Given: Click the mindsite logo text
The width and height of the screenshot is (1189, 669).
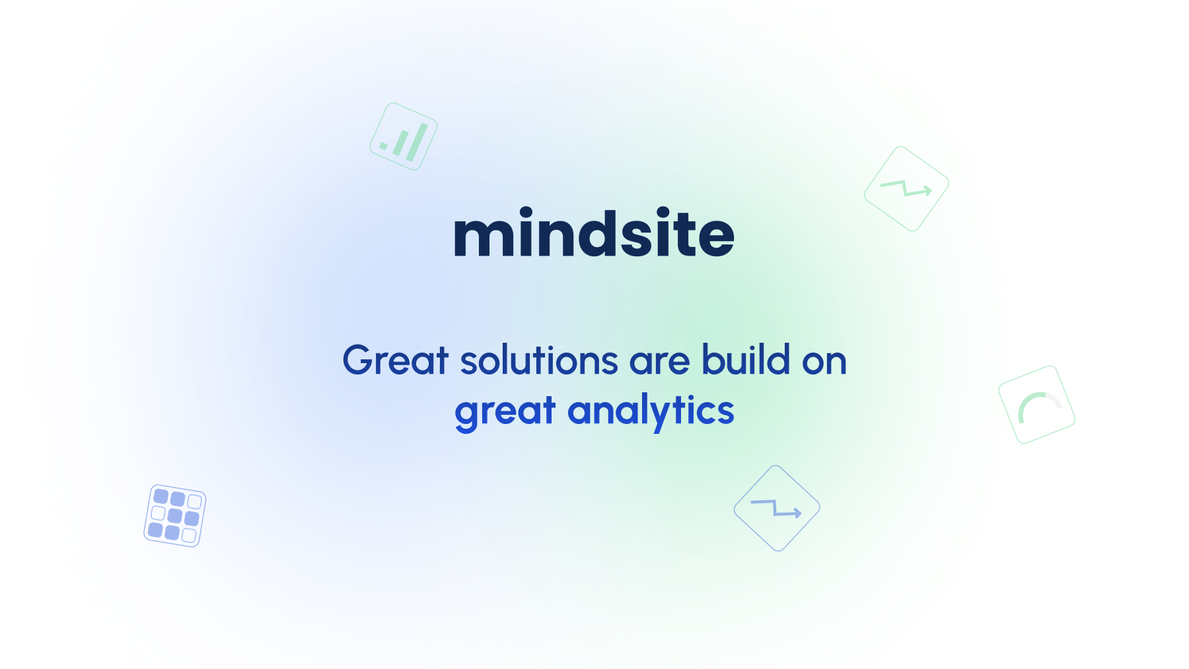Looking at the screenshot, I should (x=594, y=232).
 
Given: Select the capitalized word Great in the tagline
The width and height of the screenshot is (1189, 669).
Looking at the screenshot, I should (x=395, y=361).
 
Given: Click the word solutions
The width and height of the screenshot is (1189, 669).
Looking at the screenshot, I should (x=539, y=361).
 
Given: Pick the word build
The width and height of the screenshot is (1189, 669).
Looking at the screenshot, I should (x=746, y=359).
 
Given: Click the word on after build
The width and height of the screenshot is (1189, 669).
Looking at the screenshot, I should (x=824, y=362).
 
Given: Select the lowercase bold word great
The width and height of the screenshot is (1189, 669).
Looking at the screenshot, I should (x=505, y=411).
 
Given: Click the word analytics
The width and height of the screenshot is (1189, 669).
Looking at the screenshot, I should (x=651, y=411).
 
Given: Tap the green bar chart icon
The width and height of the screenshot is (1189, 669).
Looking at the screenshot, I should (x=404, y=137).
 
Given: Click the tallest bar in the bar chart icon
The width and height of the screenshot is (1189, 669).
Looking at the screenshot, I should (x=417, y=143).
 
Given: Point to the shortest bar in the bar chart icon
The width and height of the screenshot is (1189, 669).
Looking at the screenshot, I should (x=383, y=145).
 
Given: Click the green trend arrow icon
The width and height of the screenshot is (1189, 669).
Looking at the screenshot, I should (x=906, y=189).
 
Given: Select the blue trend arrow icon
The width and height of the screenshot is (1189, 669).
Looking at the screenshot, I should (x=777, y=508).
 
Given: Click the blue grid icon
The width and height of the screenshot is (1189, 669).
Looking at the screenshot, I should (x=175, y=516).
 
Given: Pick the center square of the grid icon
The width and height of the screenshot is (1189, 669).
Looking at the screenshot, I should (x=175, y=515).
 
